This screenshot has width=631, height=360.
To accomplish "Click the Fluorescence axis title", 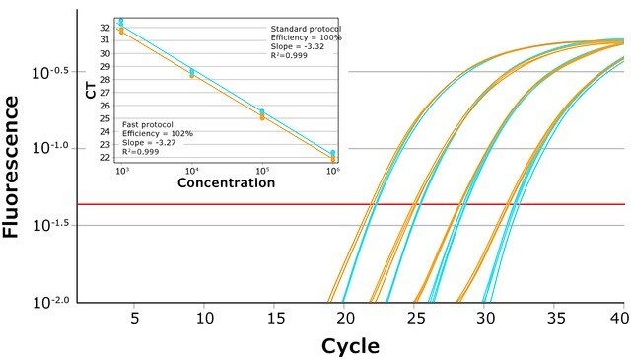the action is click(x=11, y=167).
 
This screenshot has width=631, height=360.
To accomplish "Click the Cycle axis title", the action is click(x=350, y=346).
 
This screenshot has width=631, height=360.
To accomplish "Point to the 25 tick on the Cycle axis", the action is click(x=416, y=319).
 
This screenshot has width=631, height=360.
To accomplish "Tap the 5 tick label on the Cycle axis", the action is click(x=135, y=319).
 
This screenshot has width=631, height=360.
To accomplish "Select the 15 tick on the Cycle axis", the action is click(x=276, y=319).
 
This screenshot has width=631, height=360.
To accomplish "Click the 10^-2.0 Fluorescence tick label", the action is click(x=53, y=302).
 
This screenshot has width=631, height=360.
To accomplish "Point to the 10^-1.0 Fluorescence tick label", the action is click(x=53, y=148).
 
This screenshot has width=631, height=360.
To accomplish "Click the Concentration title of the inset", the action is click(x=226, y=182).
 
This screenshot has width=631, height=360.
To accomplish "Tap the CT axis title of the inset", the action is click(x=92, y=90).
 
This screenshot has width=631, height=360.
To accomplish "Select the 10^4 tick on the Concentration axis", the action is click(x=192, y=171).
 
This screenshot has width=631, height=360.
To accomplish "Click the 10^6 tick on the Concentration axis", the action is click(x=333, y=171).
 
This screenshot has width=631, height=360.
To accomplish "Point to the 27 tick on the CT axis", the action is click(x=105, y=93).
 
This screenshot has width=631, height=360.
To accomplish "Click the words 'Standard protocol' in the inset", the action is click(x=306, y=29).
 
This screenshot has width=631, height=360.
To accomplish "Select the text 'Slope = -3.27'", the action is click(x=149, y=143).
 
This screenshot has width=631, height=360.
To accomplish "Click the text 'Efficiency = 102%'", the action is click(x=158, y=134).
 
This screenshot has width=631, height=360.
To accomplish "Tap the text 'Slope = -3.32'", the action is click(x=298, y=46).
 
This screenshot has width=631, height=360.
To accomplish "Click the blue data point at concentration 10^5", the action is click(x=262, y=111).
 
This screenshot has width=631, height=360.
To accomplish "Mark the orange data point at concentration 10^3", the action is click(x=121, y=31).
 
